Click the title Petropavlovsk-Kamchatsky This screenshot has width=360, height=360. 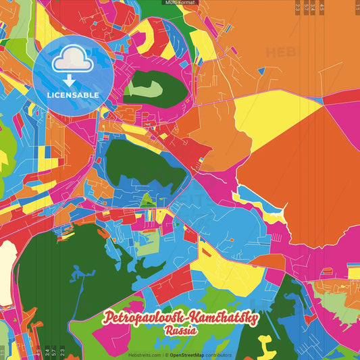click(180, 318)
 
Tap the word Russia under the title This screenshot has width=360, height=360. click(180, 331)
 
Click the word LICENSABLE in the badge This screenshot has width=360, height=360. click(73, 95)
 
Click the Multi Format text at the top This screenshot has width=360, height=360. click(179, 3)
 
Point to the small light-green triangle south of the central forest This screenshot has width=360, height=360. click(145, 199)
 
